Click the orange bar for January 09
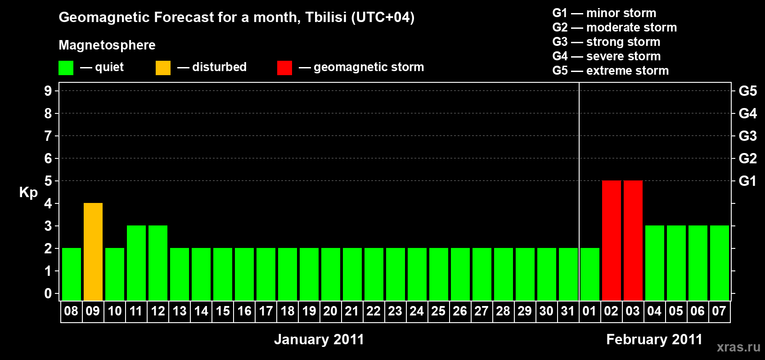pos(93,252)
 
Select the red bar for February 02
pos(611,240)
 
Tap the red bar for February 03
pos(633,240)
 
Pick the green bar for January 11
pos(136,263)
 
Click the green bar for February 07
pos(720,263)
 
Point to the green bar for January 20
pos(331,274)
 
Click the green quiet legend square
pos(66,67)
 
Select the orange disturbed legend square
pos(163,67)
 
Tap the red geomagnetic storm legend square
pos(284,67)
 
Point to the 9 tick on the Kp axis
pos(48,91)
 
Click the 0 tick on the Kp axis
pos(48,293)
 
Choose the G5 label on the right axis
pos(747,91)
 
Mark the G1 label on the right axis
pos(747,181)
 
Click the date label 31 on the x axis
pos(567,311)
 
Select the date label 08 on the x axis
pos(71,311)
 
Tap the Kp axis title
pos(28,193)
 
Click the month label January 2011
pos(319,339)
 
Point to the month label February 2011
pos(654,339)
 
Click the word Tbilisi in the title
pos(326,17)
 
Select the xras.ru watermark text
pos(739,347)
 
